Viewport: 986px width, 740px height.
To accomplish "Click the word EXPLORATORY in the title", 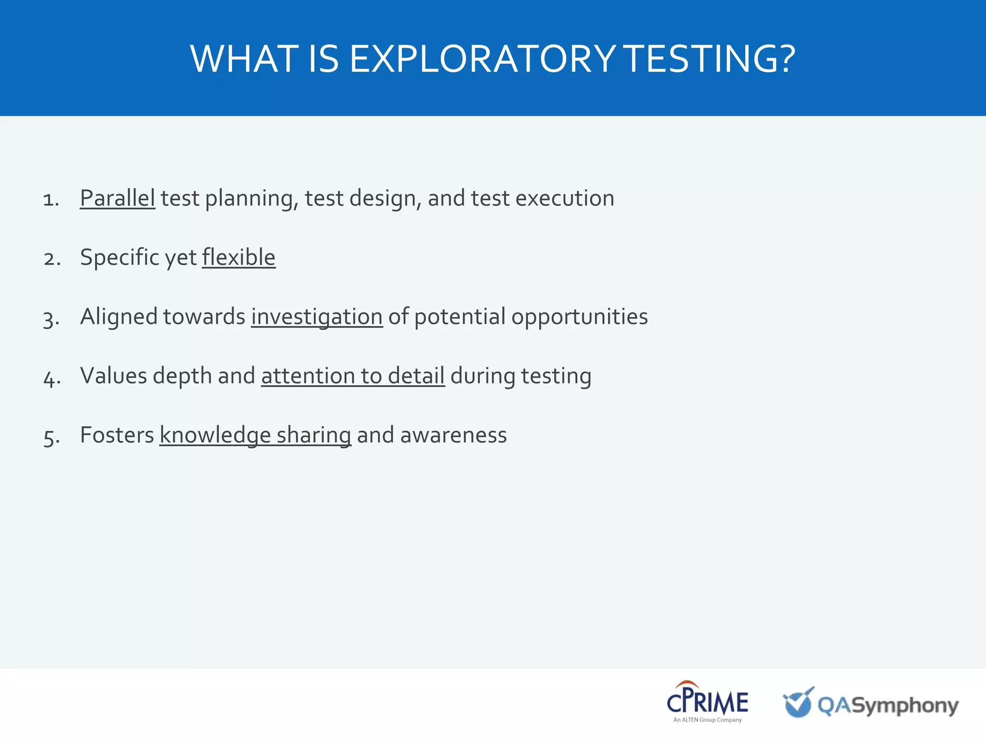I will [482, 59].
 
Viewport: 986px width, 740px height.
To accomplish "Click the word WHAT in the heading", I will [244, 59].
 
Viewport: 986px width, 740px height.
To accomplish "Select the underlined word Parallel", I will [117, 198].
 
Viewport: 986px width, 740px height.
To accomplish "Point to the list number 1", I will [51, 199].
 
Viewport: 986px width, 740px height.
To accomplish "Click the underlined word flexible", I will [238, 257].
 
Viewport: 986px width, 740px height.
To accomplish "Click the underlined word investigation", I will [316, 317].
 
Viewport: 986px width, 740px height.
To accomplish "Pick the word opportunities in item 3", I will [579, 317].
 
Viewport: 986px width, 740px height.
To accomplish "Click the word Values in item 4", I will [113, 375].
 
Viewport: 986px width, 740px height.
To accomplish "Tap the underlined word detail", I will [416, 375].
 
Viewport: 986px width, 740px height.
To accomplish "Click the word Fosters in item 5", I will [117, 435].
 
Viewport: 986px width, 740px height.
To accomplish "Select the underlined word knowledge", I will [215, 435].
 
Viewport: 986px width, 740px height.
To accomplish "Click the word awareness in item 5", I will [453, 435].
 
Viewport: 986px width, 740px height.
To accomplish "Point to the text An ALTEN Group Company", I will [707, 720].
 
